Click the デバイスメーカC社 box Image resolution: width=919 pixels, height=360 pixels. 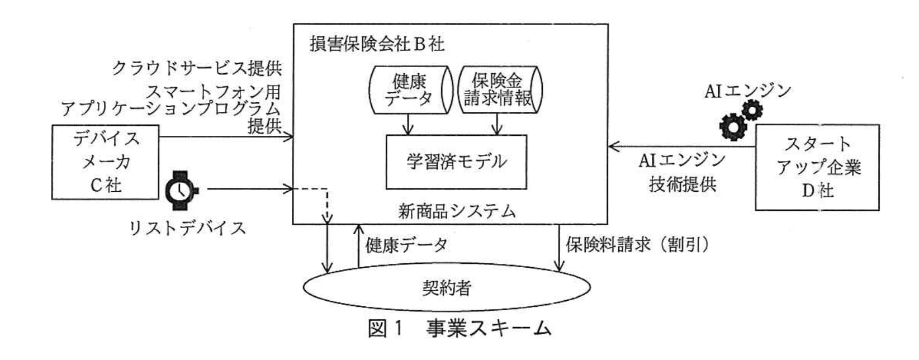[x=105, y=162]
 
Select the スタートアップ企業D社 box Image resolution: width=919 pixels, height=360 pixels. [x=817, y=167]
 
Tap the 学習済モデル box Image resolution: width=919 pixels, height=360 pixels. [x=456, y=162]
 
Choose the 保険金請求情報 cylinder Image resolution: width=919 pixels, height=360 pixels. [x=499, y=90]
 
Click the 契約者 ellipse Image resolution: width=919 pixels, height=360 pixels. [x=446, y=287]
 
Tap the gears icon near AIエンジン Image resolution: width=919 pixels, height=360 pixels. [x=740, y=119]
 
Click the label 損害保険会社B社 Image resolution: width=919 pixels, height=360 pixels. [x=377, y=44]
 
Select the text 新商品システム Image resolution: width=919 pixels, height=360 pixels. [x=457, y=211]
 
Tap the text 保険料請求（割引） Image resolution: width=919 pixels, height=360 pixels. [x=638, y=245]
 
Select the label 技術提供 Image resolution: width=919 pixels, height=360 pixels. [x=682, y=184]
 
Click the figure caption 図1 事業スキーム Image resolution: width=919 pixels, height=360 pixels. [x=459, y=329]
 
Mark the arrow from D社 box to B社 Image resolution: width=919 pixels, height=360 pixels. [x=682, y=147]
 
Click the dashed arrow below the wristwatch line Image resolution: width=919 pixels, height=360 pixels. [x=329, y=204]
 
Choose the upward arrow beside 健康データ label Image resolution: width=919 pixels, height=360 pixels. [x=358, y=246]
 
